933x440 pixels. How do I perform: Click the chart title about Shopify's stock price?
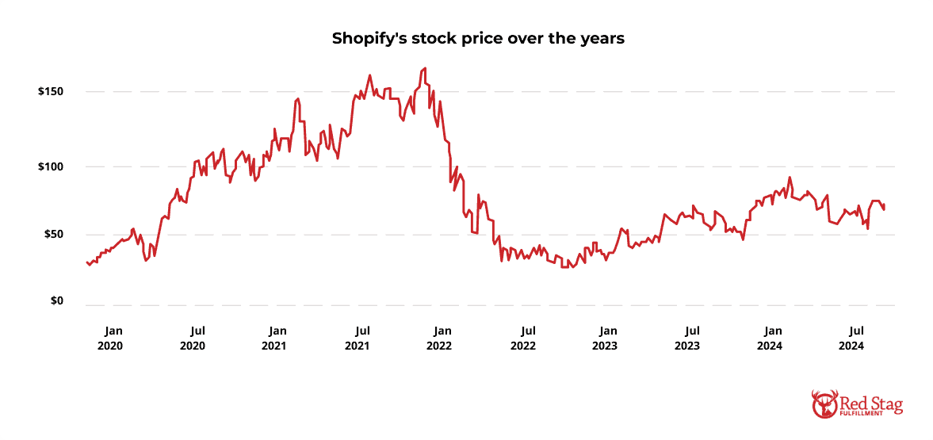point(466,39)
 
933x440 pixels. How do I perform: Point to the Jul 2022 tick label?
point(522,338)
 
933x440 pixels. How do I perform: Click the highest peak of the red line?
point(425,68)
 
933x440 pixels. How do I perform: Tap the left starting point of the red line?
point(86,262)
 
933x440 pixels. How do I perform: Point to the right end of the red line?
point(884,209)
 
